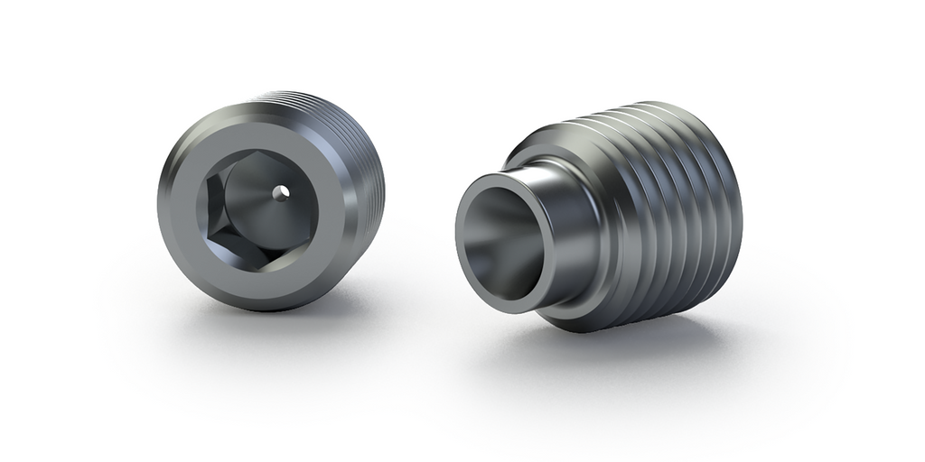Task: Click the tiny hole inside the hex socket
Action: point(283,191)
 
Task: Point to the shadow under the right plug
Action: point(632,347)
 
